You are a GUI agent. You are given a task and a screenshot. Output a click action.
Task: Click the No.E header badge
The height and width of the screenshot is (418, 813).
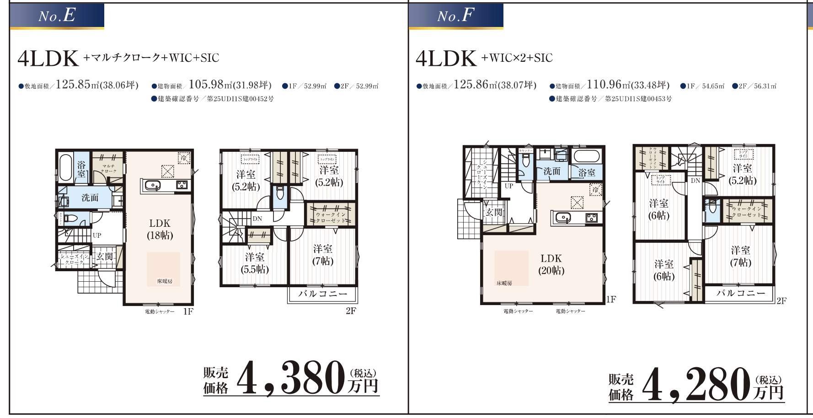coord(57,16)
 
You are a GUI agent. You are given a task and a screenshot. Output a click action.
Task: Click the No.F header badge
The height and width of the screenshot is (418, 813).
coord(455,16)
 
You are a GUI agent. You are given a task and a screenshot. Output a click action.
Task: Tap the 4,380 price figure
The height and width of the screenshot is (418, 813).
coord(291,378)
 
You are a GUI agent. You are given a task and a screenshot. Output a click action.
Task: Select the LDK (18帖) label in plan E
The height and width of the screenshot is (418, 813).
coord(160,229)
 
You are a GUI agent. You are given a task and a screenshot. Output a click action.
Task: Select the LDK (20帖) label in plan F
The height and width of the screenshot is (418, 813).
coord(551,264)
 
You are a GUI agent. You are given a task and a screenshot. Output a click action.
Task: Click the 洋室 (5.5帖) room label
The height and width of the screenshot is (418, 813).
coord(254,263)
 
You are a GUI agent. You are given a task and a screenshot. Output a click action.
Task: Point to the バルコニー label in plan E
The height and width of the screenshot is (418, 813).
coord(323,294)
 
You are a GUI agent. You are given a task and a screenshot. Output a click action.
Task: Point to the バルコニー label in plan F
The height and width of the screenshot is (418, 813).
coord(740,293)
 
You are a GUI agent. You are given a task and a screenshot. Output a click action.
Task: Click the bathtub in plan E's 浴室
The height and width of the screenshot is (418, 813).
coord(65,168)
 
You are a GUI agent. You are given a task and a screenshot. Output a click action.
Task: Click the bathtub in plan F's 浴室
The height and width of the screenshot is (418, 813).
coord(587,155)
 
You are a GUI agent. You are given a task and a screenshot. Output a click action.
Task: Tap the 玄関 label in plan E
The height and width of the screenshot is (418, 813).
coord(105,257)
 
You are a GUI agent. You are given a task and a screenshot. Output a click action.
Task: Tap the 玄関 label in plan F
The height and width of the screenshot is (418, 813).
coord(494,212)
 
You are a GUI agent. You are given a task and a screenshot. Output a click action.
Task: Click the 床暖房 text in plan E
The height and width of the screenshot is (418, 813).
coord(165,281)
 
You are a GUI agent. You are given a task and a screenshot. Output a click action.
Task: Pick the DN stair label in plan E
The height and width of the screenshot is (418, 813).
coord(257,219)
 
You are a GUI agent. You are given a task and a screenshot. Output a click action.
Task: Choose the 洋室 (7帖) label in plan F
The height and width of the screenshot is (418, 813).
coord(740,256)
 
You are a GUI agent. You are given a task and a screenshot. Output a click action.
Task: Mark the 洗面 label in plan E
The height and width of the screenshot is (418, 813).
coord(90,198)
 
